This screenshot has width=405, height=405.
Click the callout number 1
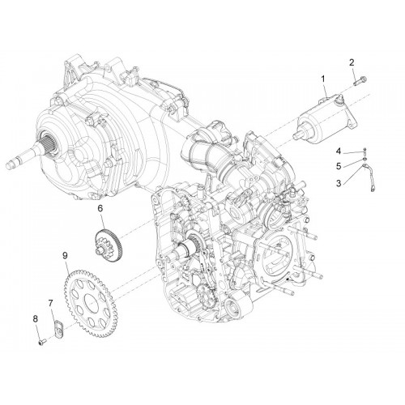pyautogui.click(x=323, y=79)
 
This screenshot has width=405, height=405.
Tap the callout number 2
pyautogui.click(x=352, y=62)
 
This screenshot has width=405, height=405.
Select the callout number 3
pyautogui.click(x=339, y=183)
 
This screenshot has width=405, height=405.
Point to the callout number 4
pyautogui.click(x=339, y=151)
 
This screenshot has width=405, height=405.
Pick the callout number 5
pyautogui.click(x=339, y=166)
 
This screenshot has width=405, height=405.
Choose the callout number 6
pyautogui.click(x=100, y=208)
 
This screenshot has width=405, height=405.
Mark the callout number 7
pyautogui.click(x=50, y=304)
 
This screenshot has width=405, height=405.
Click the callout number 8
pyautogui.click(x=36, y=319)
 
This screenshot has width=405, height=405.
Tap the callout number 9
pyautogui.click(x=65, y=255)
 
